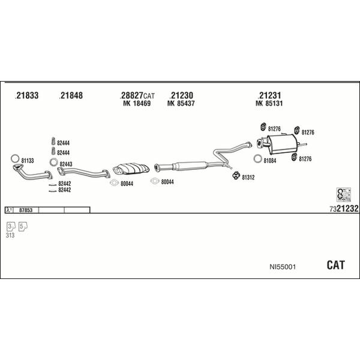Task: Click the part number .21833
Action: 26,95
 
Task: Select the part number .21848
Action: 71,95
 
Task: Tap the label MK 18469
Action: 137,103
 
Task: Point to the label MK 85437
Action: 181,103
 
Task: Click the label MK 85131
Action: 269,103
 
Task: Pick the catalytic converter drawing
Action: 131,169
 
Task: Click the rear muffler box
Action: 282,144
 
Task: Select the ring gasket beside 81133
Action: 15,158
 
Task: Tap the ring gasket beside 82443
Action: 53,162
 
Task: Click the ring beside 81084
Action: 258,158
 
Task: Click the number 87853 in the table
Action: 26,210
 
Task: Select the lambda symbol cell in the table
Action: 9,210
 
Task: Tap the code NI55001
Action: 283,267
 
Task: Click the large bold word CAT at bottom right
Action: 335,265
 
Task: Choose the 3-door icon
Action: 11,227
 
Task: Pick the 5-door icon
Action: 23,227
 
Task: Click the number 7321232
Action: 344,208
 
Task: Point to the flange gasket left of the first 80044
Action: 114,183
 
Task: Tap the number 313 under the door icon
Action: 10,235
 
